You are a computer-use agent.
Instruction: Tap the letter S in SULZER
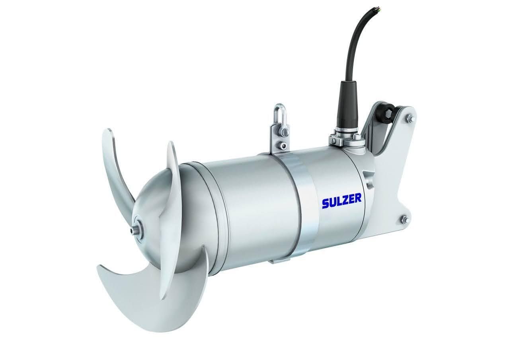point(326,202)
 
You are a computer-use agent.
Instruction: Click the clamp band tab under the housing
point(281,261)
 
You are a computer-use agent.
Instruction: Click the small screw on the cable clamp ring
point(332,140)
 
